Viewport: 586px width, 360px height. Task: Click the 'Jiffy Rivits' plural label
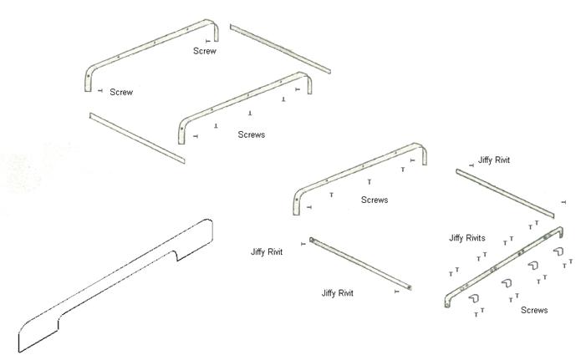click(x=467, y=238)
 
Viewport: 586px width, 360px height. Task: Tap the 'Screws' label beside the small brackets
click(x=534, y=310)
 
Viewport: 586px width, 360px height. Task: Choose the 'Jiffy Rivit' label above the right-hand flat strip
click(x=494, y=159)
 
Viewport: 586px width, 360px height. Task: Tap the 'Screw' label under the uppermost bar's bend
click(x=205, y=51)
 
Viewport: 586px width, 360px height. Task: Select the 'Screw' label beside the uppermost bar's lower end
click(x=121, y=92)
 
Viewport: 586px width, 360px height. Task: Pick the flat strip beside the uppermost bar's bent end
click(x=281, y=47)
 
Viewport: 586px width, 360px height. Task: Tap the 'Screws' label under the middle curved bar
click(x=251, y=134)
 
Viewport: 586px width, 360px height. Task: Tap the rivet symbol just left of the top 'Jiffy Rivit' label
click(x=471, y=165)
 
